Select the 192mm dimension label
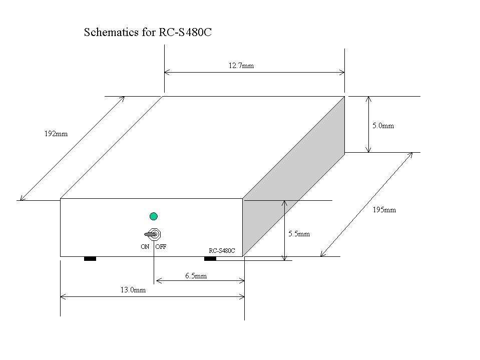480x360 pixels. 56,134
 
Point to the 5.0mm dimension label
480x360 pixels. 383,126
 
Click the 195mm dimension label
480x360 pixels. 384,210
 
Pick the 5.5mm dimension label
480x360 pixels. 299,234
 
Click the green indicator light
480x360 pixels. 154,216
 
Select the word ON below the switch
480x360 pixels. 145,246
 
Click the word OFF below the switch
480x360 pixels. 161,246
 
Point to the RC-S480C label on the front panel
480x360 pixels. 222,251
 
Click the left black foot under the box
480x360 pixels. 90,259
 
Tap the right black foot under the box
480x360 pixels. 210,259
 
